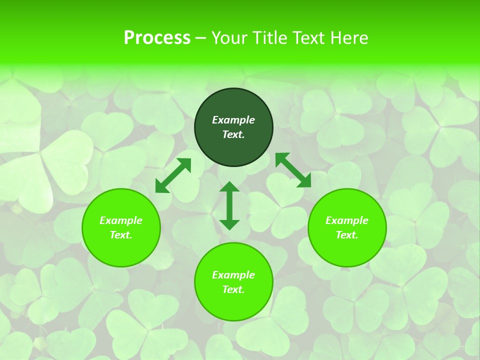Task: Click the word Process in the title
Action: pos(157,38)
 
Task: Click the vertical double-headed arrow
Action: pos(229,205)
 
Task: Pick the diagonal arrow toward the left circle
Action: pos(173,175)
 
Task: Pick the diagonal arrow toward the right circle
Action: pos(293,170)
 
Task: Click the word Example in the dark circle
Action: pos(233,120)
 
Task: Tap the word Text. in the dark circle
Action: pos(233,134)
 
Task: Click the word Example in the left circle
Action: pos(121,220)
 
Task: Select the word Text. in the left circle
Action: pos(121,235)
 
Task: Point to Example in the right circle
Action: pos(347,220)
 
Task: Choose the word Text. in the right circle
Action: pos(347,235)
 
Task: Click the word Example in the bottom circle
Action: pos(233,275)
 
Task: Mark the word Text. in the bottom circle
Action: pos(233,289)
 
